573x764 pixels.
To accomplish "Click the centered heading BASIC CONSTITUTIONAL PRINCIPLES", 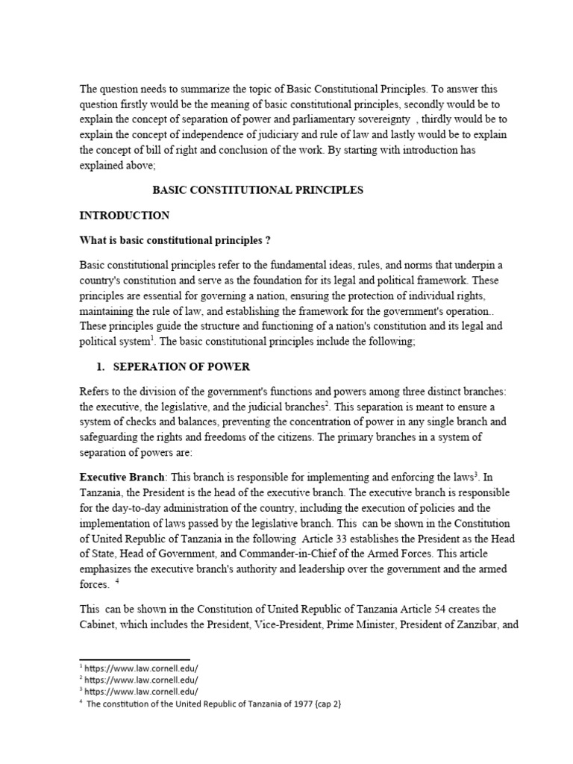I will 257,190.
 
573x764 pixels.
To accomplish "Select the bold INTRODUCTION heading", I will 125,216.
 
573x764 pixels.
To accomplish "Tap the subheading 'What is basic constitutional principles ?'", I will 174,240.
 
